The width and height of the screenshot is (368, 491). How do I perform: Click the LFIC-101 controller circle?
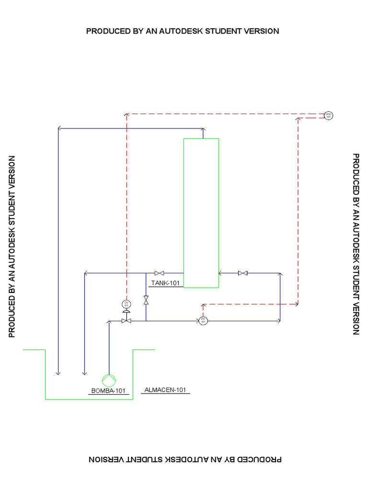pyautogui.click(x=328, y=116)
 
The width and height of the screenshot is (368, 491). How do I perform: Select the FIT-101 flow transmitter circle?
pyautogui.click(x=203, y=321)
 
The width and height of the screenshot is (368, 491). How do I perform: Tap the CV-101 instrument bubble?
pyautogui.click(x=126, y=304)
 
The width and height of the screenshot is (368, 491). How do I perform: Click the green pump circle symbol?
pyautogui.click(x=109, y=380)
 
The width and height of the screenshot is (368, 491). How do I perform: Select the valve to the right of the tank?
pyautogui.click(x=243, y=273)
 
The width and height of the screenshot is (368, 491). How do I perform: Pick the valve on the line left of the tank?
pyautogui.click(x=159, y=273)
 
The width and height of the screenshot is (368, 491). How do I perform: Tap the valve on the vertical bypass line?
pyautogui.click(x=146, y=301)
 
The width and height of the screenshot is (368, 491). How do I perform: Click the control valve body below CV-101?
pyautogui.click(x=126, y=321)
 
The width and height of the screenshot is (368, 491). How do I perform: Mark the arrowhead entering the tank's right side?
pyautogui.click(x=220, y=273)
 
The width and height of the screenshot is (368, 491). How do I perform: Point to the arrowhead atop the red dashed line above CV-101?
pyautogui.click(x=126, y=115)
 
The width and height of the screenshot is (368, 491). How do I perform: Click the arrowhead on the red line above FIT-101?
pyautogui.click(x=203, y=305)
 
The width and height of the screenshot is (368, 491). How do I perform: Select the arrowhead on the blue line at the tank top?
pyautogui.click(x=203, y=129)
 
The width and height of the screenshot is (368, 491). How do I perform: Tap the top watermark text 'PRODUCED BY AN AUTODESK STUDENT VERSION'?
pyautogui.click(x=183, y=31)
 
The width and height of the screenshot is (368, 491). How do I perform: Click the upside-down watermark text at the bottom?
pyautogui.click(x=185, y=459)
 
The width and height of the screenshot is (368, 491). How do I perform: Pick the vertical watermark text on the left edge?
pyautogui.click(x=12, y=246)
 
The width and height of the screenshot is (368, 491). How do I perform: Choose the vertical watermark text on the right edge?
pyautogui.click(x=356, y=244)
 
